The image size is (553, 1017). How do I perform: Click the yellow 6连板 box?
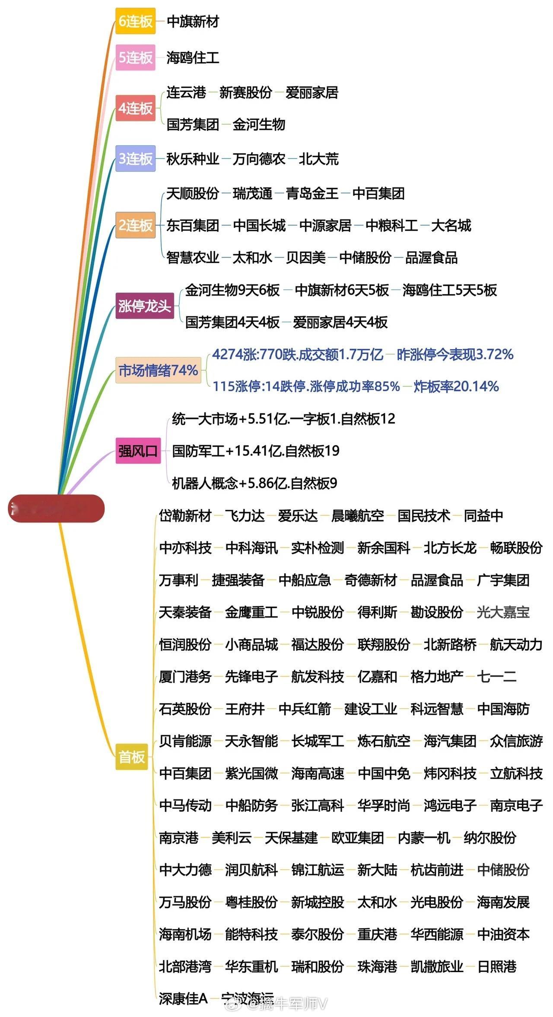tap(135, 21)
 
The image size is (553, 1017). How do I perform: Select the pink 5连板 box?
tap(135, 57)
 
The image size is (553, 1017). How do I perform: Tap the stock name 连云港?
tap(186, 92)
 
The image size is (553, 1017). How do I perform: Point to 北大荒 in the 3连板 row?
tap(318, 159)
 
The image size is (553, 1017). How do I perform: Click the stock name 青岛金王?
tap(312, 193)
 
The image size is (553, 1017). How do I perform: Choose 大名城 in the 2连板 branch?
tap(451, 225)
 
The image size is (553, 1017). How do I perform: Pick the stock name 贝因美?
tap(305, 257)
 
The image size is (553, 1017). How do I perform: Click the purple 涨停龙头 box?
tap(144, 306)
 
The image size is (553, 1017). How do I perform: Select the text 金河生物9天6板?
tap(232, 290)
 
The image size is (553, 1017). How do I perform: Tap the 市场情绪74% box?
tap(158, 370)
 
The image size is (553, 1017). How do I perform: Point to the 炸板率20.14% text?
tap(456, 386)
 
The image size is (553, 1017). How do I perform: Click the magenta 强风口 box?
tap(138, 451)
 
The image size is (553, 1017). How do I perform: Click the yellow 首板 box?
tap(132, 757)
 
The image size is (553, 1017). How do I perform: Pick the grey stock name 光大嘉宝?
tap(503, 612)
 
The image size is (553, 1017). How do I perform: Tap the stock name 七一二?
tap(496, 676)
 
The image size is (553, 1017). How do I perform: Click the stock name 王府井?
tap(245, 709)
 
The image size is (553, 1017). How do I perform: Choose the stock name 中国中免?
tap(384, 773)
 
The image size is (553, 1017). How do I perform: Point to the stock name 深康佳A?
tap(183, 998)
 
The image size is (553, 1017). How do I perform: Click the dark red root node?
tap(56, 508)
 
